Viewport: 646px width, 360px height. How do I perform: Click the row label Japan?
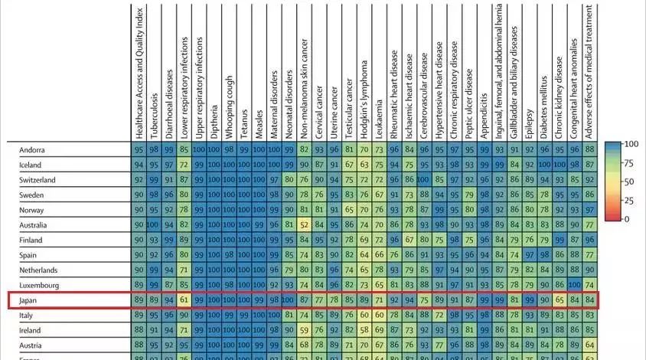pyautogui.click(x=29, y=301)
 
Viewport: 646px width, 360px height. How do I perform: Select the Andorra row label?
pyautogui.click(x=32, y=149)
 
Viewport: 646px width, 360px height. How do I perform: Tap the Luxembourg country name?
pyautogui.click(x=38, y=285)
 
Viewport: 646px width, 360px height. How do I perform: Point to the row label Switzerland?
pyautogui.click(x=37, y=180)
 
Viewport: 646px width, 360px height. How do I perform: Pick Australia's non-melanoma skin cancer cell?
pyautogui.click(x=304, y=225)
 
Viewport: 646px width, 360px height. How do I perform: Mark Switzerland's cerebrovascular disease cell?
pyautogui.click(x=423, y=180)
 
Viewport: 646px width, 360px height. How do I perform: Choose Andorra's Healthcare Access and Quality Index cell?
pyautogui.click(x=139, y=149)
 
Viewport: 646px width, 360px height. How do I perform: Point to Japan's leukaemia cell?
pyautogui.click(x=378, y=301)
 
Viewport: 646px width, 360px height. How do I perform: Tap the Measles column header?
pyautogui.click(x=259, y=115)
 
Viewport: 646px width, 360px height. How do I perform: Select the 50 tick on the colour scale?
pyautogui.click(x=629, y=182)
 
